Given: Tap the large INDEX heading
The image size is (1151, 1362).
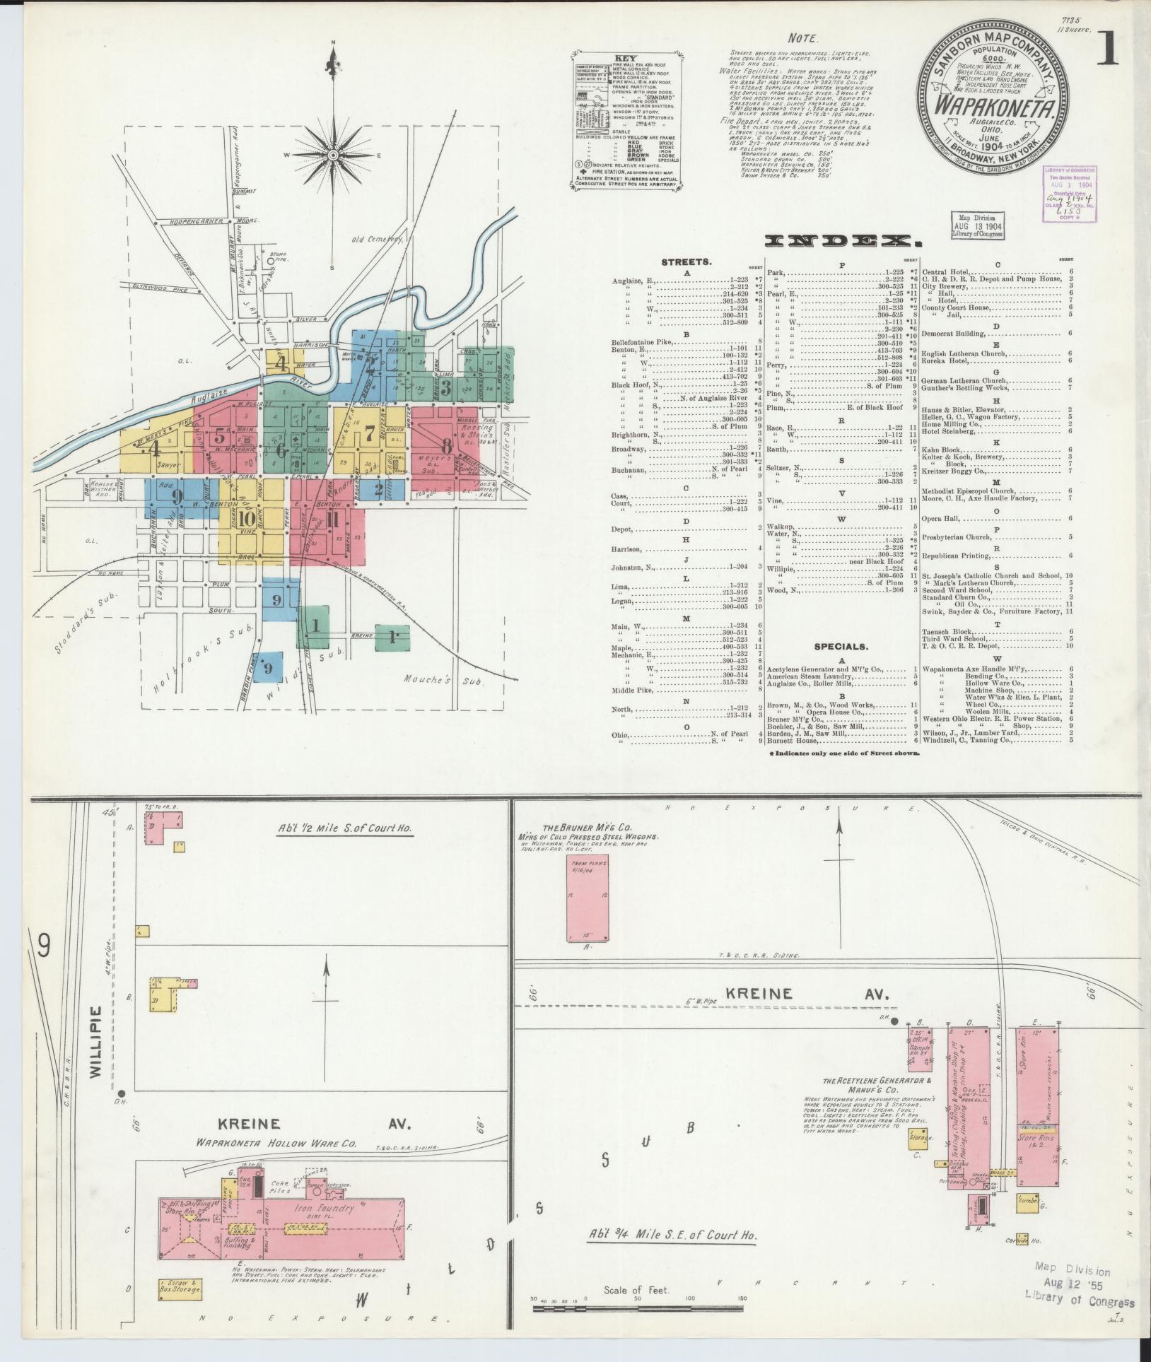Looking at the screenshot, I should click(x=839, y=242).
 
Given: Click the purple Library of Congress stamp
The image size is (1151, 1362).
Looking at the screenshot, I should click(x=1070, y=194).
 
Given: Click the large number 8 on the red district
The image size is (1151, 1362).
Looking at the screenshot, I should click(x=445, y=446).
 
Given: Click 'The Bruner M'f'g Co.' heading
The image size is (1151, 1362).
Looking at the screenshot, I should click(x=588, y=828).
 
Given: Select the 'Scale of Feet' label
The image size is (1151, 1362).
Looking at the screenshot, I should click(x=636, y=1290).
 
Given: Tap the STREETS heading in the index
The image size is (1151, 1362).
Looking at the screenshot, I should click(x=686, y=262).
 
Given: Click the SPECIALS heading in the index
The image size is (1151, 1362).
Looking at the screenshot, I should click(x=840, y=646).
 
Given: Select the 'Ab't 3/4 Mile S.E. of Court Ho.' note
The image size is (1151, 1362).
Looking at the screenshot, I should click(x=673, y=1235).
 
